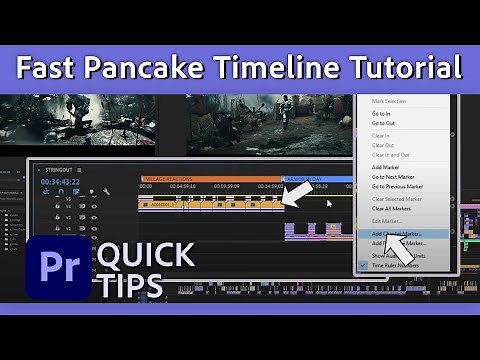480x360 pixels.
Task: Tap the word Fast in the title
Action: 52,69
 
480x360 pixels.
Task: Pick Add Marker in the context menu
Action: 387,168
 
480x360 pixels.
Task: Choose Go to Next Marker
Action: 397,178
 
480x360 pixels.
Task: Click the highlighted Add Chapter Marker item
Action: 395,234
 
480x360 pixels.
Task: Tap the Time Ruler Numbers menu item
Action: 399,265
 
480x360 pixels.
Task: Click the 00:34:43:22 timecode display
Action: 61,182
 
